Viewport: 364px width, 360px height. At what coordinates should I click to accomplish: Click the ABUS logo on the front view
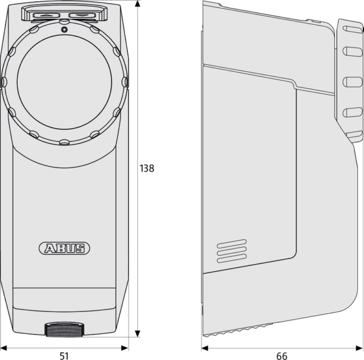click(64, 248)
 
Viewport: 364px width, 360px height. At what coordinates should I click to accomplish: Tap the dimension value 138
click(147, 168)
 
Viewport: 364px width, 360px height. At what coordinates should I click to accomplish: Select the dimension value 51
click(64, 356)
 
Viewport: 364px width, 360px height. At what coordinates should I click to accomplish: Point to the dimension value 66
click(282, 356)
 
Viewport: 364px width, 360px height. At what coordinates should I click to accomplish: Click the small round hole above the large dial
click(64, 30)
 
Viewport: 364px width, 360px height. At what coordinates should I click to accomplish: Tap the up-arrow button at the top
click(46, 16)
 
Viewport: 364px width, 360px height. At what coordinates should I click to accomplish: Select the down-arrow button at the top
click(82, 15)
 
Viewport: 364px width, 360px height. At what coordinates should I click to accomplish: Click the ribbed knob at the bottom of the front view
click(64, 329)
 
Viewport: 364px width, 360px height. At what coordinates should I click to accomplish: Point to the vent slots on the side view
click(232, 251)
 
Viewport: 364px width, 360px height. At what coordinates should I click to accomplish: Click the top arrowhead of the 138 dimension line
click(138, 4)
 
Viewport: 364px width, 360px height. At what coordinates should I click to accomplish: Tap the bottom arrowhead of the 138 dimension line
click(138, 333)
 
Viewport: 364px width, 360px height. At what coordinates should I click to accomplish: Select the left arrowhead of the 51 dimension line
click(4, 348)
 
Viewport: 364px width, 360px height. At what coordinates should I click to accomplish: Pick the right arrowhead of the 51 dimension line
click(124, 348)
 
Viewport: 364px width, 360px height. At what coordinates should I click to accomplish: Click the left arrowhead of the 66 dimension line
click(205, 348)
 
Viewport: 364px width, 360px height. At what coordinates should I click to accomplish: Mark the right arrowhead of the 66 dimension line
click(359, 348)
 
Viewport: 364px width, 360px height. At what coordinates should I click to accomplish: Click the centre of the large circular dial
click(64, 82)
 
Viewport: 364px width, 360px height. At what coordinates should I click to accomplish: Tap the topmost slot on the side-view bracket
click(352, 29)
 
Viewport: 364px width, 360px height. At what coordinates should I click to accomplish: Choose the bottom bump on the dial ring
click(64, 142)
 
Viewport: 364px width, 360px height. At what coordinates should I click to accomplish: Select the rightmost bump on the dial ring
click(125, 81)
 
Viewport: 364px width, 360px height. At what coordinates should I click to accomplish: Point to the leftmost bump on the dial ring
click(4, 82)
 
